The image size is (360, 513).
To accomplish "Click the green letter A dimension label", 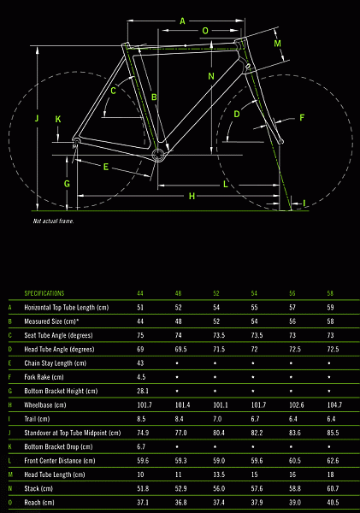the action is coord(183,21).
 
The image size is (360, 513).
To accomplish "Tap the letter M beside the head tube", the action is coord(278,44).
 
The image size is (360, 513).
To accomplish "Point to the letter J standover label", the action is coord(37,118).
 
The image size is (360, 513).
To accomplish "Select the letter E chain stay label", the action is coord(106,167).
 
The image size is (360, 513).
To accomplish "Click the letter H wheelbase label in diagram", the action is coord(192,196).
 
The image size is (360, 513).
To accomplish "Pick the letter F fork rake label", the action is coord(302,117).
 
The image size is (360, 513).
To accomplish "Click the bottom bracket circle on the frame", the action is coord(157,155).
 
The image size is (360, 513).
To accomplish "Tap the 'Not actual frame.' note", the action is coord(53,221).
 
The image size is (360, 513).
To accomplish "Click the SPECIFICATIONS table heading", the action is coord(44,293).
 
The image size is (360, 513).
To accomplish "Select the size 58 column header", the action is coord(330,293).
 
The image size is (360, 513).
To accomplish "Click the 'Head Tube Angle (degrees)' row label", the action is coord(59,349).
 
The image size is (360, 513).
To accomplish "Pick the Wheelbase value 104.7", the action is coord(334,405).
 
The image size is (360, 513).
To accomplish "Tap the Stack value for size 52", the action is coord(219,488).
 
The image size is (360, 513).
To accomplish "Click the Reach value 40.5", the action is coord(333,503).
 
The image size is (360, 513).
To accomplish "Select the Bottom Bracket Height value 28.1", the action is coord(143,391).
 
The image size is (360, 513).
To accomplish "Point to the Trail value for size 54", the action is coord(256,419).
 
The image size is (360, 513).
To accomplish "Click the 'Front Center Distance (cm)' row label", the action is coord(60,461).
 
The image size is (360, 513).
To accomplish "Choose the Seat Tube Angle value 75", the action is coord(140,335).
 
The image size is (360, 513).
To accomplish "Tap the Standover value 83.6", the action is coord(295,433).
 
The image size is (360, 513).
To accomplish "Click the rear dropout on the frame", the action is coord(76,141).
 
